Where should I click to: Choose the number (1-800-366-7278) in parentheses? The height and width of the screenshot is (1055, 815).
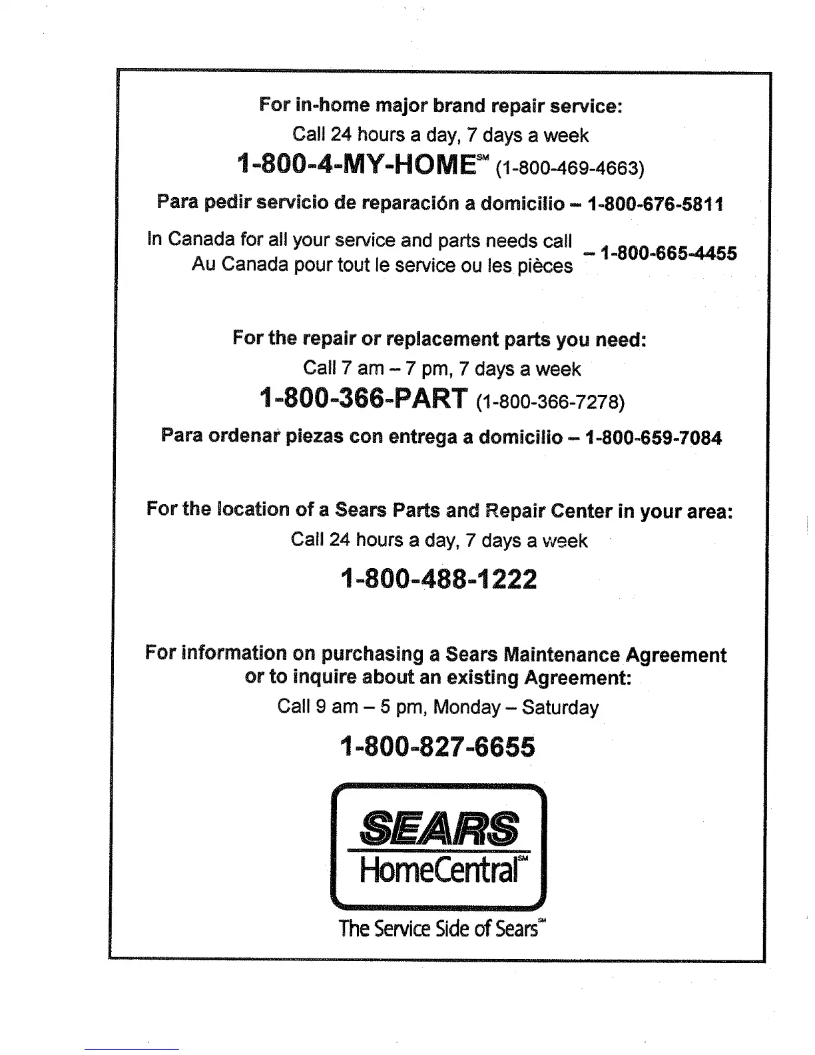tap(551, 402)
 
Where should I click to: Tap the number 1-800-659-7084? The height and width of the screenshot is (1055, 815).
tap(653, 438)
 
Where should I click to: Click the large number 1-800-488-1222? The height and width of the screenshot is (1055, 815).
tap(438, 579)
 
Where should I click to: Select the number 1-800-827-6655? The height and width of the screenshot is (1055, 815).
tap(437, 747)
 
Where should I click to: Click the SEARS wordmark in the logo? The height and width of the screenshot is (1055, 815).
tap(439, 828)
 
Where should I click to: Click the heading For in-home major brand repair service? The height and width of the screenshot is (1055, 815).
tap(440, 106)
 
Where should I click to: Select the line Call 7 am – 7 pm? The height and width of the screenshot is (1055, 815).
tap(441, 368)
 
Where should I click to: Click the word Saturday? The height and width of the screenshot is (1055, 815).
tap(560, 707)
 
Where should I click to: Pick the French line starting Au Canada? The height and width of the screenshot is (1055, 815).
tap(382, 265)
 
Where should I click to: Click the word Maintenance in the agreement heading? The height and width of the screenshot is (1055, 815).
tap(562, 655)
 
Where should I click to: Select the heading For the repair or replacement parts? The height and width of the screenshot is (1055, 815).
tap(439, 339)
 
